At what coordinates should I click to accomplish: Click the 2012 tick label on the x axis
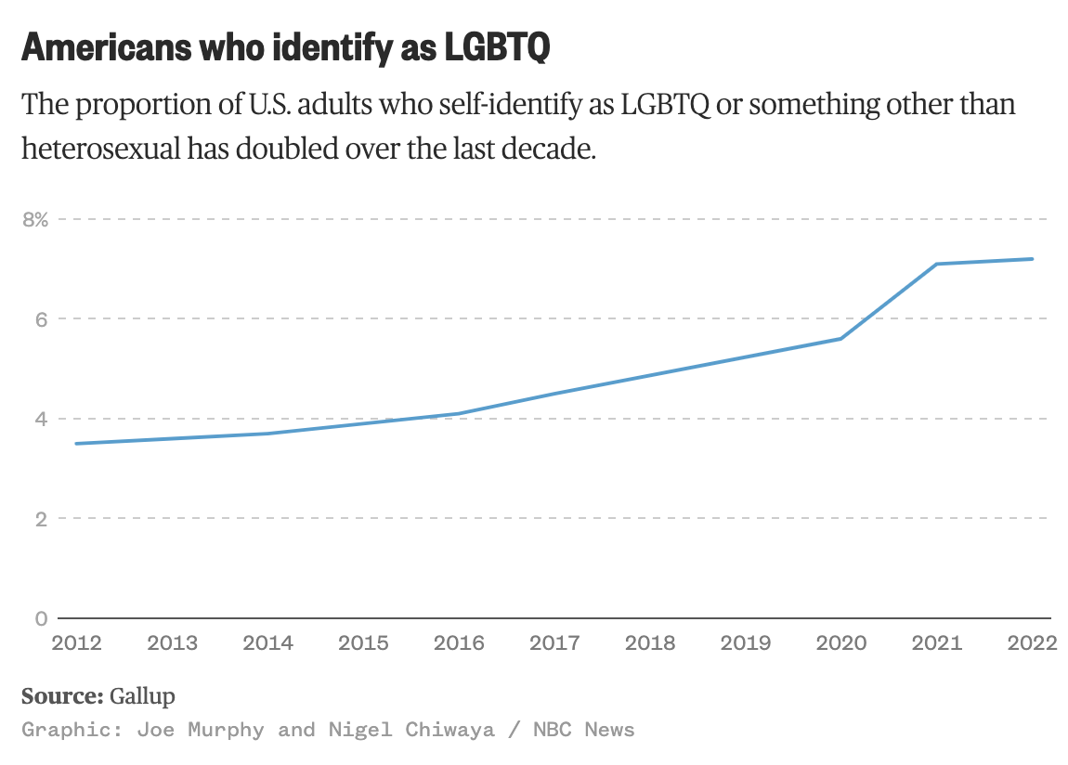(x=77, y=643)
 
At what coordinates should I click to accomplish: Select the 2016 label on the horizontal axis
(x=459, y=643)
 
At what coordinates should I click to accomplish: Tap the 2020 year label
(x=841, y=643)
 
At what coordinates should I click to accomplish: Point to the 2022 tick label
(x=1032, y=643)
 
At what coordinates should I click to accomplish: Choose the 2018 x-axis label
(x=650, y=643)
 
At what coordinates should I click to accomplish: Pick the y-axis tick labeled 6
(x=41, y=319)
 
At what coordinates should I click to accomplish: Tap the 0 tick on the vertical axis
(x=41, y=618)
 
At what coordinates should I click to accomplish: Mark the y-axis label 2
(x=41, y=519)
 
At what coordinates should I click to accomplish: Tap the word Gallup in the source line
(x=142, y=696)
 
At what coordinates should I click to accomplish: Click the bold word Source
(x=61, y=696)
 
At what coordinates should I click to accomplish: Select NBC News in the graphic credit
(x=584, y=730)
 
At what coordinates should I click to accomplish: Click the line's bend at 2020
(x=841, y=339)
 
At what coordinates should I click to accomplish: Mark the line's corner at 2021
(x=936, y=264)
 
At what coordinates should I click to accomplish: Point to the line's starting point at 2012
(x=77, y=444)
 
